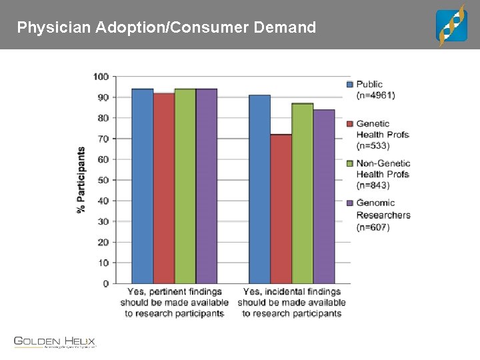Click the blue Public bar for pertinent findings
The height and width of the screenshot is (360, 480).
click(x=143, y=187)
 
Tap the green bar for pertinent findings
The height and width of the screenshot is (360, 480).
click(x=185, y=187)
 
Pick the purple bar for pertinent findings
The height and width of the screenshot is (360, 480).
click(x=207, y=187)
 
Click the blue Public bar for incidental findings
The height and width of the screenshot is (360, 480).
click(x=260, y=189)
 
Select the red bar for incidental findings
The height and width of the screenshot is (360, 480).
click(x=281, y=209)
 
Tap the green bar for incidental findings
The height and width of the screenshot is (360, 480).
click(x=303, y=194)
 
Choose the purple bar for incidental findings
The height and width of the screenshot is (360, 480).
click(x=324, y=197)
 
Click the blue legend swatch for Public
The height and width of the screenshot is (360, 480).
click(x=349, y=85)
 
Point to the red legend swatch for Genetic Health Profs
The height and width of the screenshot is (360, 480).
click(x=349, y=124)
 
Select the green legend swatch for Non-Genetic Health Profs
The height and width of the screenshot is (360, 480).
click(x=349, y=163)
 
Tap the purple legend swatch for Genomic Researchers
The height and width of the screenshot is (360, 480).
click(x=349, y=203)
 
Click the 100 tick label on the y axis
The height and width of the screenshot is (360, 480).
click(x=101, y=77)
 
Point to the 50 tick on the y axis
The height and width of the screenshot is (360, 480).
click(x=103, y=180)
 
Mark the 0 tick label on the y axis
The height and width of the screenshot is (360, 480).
click(x=105, y=284)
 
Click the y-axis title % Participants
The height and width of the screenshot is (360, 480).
click(x=81, y=179)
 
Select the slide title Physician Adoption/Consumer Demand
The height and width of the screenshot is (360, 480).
click(x=167, y=28)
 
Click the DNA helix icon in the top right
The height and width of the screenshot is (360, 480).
click(x=451, y=25)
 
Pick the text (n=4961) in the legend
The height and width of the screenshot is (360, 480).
click(x=375, y=95)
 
